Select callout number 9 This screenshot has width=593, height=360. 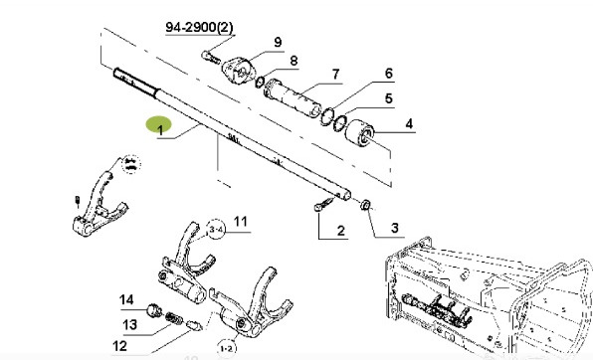coord(278,42)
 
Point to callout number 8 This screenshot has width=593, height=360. coord(293,61)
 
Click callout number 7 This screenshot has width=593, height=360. coord(335,74)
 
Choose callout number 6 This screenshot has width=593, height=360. coord(389,74)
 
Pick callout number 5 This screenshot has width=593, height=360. coord(389,98)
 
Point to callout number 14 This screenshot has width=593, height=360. coord(126,299)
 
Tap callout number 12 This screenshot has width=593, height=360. coord(119,347)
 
